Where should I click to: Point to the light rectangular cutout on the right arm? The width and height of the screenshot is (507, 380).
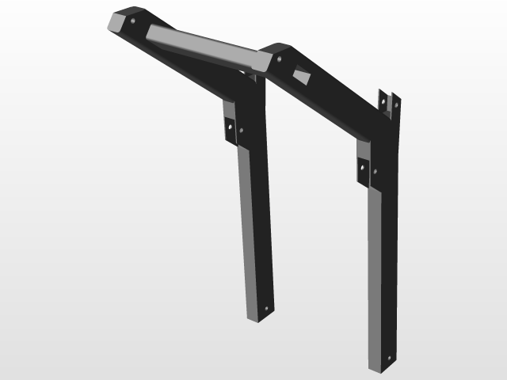pyautogui.click(x=303, y=76)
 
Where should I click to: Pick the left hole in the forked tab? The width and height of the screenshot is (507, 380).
pyautogui.click(x=384, y=102)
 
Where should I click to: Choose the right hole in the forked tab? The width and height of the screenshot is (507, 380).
pyautogui.click(x=394, y=104)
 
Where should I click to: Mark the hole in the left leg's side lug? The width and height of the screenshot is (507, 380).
pyautogui.click(x=230, y=124)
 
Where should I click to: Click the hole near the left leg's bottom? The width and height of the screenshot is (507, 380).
pyautogui.click(x=266, y=307)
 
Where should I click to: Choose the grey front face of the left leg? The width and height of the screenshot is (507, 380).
pyautogui.click(x=249, y=230)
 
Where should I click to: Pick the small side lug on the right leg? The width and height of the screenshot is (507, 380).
pyautogui.click(x=363, y=170)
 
